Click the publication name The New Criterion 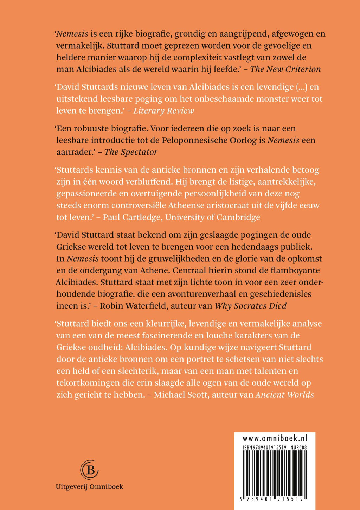click(x=285, y=69)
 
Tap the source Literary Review click(x=164, y=111)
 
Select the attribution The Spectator click(x=131, y=152)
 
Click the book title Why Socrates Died click(x=250, y=306)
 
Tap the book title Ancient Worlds click(x=285, y=394)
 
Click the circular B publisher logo click(x=89, y=470)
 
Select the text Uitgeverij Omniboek click(x=89, y=487)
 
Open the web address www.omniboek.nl click(x=275, y=438)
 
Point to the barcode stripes click(x=275, y=471)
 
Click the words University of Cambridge click(x=213, y=217)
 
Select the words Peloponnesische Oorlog click(x=213, y=140)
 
